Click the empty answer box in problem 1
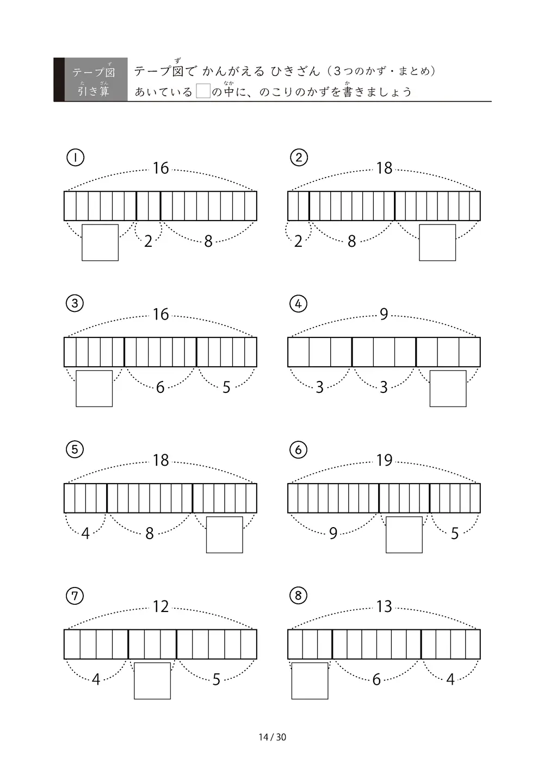click(100, 243)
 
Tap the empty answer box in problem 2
click(437, 243)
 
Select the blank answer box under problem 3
click(94, 389)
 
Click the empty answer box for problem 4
click(448, 389)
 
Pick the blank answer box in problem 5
click(225, 535)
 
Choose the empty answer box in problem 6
click(404, 535)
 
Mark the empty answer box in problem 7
click(152, 681)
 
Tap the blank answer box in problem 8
click(310, 681)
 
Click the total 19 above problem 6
click(384, 460)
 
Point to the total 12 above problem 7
click(160, 607)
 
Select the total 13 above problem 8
click(384, 607)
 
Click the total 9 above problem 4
click(384, 314)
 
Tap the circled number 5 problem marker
click(75, 449)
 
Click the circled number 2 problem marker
click(299, 158)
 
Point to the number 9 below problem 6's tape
click(333, 534)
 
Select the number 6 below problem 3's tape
click(160, 387)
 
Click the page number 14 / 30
click(272, 737)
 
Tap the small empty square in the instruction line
click(203, 91)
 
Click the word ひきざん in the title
click(295, 71)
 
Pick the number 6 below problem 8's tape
click(376, 679)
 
